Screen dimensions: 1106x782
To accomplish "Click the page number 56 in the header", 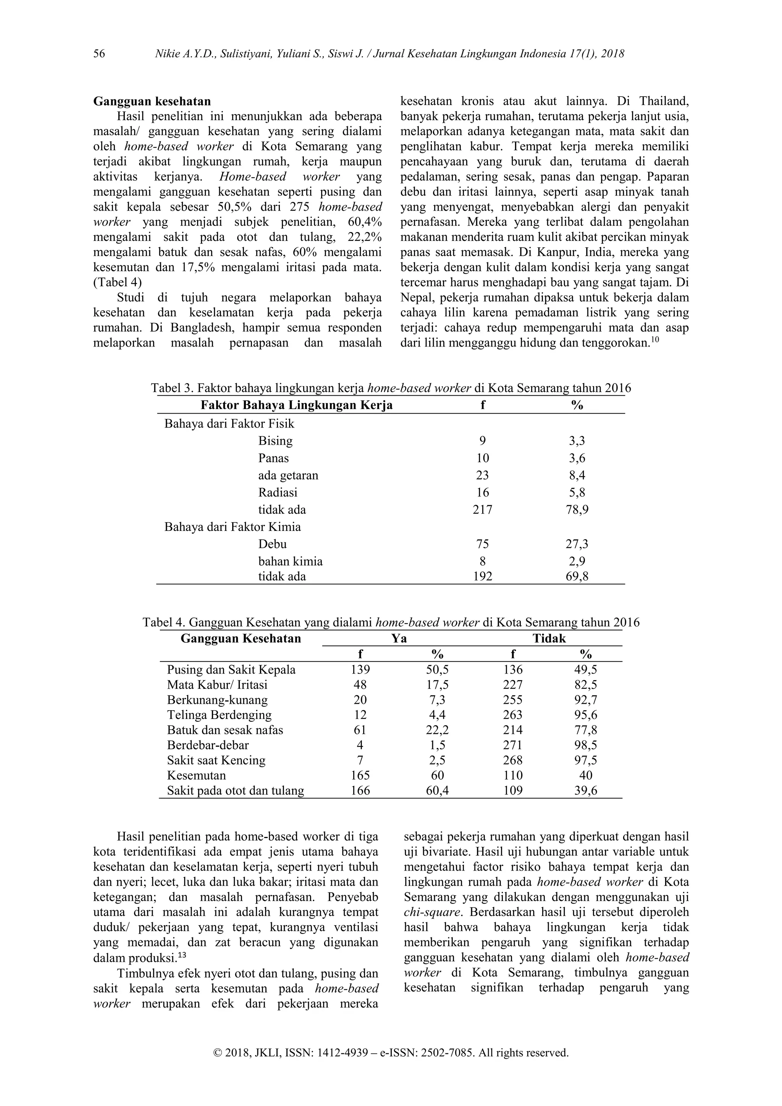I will click(99, 53).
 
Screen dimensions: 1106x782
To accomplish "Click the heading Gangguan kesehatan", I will click(152, 102).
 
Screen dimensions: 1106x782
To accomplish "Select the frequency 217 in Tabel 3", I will click(482, 509).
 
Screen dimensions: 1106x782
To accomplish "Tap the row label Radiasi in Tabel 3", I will click(278, 492).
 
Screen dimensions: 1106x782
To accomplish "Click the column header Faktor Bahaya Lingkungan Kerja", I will click(296, 405).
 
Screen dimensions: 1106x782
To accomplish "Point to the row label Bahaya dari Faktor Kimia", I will click(232, 527).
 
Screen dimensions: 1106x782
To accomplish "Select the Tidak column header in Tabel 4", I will click(549, 639).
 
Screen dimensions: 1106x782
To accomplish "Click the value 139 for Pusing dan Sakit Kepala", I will click(360, 669).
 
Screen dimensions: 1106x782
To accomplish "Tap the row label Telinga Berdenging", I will click(219, 715).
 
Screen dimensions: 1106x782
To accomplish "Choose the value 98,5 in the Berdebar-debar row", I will click(585, 745).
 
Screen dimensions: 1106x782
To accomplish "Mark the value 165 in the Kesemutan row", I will click(360, 775).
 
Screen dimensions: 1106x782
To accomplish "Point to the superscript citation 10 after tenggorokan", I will click(655, 340).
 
